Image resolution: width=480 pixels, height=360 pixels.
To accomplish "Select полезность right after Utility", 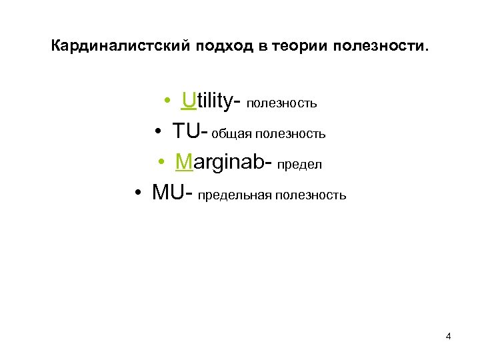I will coord(281,104).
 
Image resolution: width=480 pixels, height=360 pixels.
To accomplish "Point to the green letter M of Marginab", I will coord(184,163).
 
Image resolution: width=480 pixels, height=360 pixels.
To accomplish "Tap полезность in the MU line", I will coord(313,195).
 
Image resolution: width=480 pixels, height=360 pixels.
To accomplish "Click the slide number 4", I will coord(448,336).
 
